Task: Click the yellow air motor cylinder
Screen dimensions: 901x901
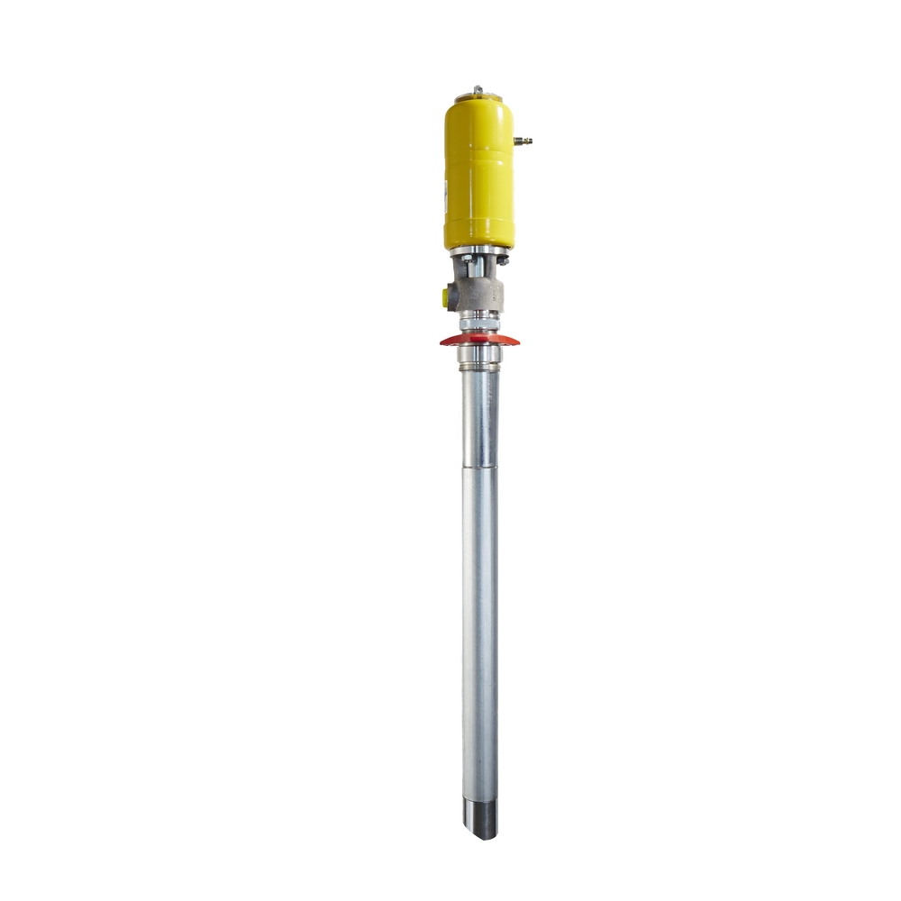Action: [478, 176]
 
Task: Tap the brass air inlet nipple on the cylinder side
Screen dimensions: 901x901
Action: [523, 141]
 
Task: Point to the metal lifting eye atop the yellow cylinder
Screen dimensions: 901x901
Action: [478, 89]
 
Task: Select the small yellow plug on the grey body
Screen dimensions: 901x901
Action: [448, 294]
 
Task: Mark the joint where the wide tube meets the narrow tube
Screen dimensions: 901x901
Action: [479, 467]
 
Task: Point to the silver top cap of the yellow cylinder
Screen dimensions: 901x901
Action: [478, 96]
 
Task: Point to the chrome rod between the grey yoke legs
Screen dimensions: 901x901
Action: [481, 269]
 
